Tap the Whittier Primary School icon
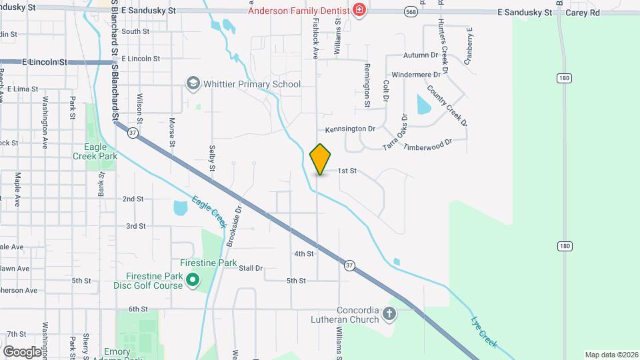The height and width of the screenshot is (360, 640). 193,83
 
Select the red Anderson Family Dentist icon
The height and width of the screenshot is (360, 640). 359,10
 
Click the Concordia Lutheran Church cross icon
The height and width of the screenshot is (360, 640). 390,312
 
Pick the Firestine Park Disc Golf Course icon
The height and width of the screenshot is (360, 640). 193,279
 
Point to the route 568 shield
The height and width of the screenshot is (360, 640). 411,12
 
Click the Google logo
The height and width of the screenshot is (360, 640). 23,351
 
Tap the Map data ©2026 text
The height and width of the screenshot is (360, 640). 610,355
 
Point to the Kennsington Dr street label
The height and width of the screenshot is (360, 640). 351,129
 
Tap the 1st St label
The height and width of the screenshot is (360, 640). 347,171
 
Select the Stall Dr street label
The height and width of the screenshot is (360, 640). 251,268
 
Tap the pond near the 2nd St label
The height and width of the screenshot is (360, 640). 181,208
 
